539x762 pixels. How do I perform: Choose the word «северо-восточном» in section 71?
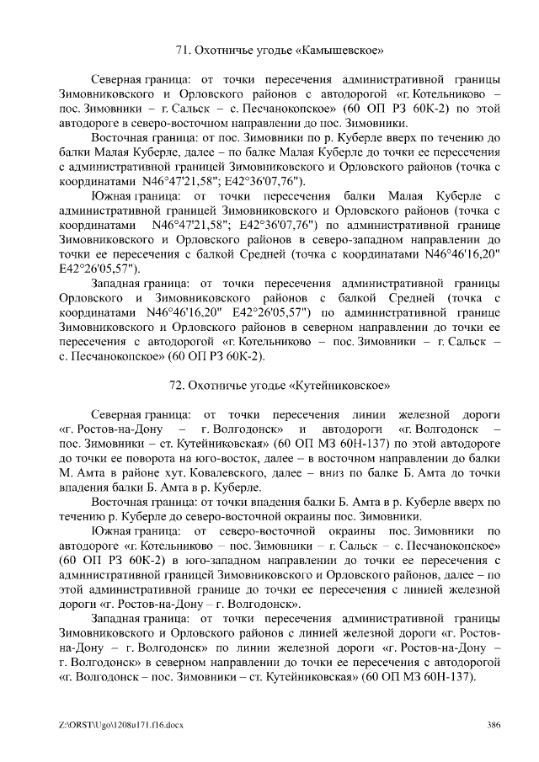(x=184, y=122)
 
